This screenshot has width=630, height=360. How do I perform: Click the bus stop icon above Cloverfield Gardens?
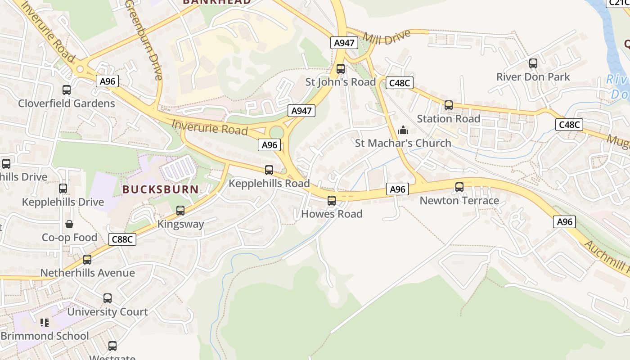[x=67, y=90]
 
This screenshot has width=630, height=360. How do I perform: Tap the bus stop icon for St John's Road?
[x=341, y=69]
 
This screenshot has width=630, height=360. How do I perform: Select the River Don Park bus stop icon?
[x=533, y=63]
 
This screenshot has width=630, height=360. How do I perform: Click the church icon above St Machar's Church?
[x=403, y=130]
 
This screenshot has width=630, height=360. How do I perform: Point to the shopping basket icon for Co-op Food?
[x=69, y=224]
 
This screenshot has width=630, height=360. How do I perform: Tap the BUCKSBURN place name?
[x=161, y=189]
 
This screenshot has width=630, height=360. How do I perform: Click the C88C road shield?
[x=122, y=239]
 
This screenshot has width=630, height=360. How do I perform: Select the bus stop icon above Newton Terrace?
[x=459, y=187]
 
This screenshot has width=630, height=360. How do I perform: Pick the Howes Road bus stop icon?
[x=332, y=201]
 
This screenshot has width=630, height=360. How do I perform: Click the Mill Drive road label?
[x=387, y=36]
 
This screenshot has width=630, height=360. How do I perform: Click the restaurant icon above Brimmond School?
[x=45, y=323]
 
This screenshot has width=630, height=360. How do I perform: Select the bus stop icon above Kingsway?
[x=180, y=211]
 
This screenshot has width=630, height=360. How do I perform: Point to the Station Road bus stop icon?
[x=449, y=105]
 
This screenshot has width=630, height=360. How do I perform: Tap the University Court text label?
[x=107, y=312]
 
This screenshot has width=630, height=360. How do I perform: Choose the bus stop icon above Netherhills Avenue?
[x=87, y=260]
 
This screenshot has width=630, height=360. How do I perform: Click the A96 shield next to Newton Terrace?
[x=397, y=189]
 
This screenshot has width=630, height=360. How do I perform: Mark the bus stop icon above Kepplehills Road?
[x=269, y=170]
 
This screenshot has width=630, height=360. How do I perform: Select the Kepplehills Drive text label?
[x=63, y=202]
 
